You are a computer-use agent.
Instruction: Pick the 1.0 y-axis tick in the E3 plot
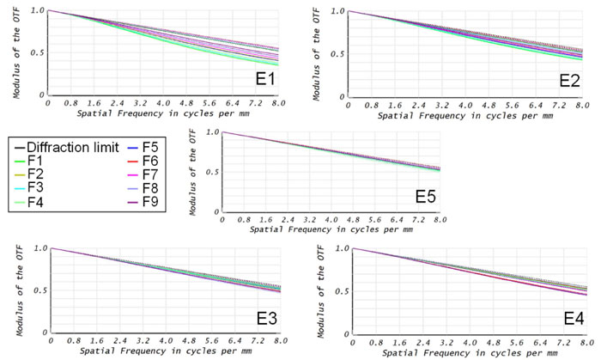pos(40,249)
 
